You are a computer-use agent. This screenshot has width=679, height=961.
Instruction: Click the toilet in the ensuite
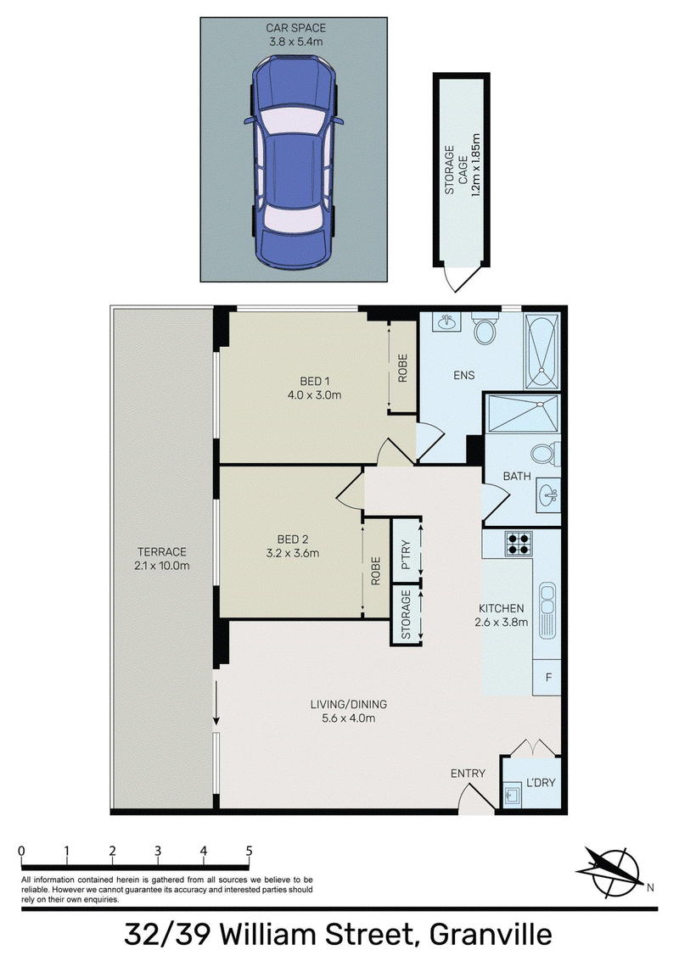coord(485,330)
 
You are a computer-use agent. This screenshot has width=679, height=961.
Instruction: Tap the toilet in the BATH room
coord(545,454)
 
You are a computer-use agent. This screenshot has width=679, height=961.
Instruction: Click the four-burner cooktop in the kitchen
coord(519,544)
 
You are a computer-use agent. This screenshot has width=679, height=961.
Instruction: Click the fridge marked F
coord(548,677)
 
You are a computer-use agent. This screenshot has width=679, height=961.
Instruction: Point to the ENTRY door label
coord(468,774)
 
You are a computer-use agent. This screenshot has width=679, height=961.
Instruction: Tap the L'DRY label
coord(541,783)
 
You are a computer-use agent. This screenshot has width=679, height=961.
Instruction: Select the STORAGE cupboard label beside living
coord(406,615)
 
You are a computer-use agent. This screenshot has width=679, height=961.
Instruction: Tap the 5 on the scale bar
coord(249,851)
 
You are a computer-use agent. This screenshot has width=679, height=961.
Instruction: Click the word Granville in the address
coord(491,935)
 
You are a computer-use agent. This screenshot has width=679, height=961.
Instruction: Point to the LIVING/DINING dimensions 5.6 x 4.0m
coord(348,718)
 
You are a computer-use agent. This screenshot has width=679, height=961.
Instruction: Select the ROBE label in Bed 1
coord(403,368)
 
